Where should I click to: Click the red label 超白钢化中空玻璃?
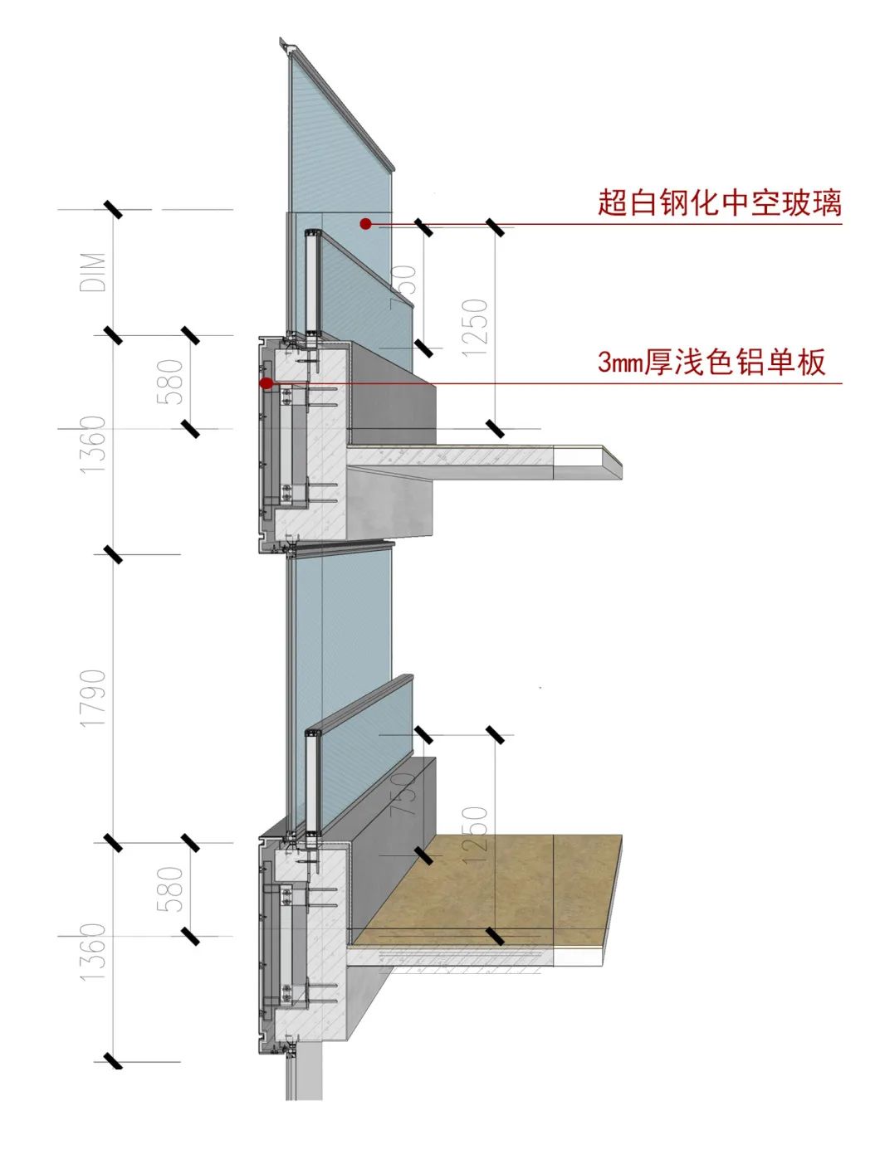[x=719, y=202]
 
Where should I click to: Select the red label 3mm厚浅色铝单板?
[x=711, y=363]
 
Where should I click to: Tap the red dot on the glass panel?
[x=364, y=223]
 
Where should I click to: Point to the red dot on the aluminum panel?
[x=266, y=382]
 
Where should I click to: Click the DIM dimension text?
[x=94, y=272]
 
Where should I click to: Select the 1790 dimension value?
[x=94, y=699]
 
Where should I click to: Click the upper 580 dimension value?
[x=170, y=382]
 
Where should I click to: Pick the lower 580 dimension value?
[x=170, y=889]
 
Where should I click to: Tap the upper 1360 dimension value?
[x=94, y=445]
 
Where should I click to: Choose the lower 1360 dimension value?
[x=94, y=952]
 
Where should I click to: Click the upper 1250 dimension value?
[x=475, y=328]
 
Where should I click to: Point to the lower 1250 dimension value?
[x=475, y=835]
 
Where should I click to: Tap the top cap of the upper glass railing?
[x=313, y=234]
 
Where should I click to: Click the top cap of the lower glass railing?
[x=313, y=733]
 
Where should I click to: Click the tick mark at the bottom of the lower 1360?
[x=113, y=1060]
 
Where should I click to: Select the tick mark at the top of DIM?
[x=113, y=209]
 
